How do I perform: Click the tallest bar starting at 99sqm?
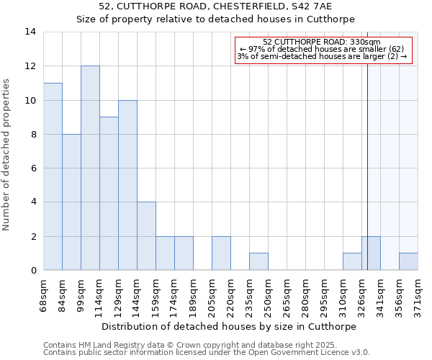coord(90,168)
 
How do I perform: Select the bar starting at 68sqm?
coord(53,177)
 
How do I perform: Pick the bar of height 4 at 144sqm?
coord(146,236)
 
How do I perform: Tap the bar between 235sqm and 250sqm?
coord(258,262)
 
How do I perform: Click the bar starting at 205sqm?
coord(221,253)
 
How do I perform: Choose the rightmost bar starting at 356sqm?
coord(408,262)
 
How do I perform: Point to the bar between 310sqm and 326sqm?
coord(352,262)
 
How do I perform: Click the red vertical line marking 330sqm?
coord(367,144)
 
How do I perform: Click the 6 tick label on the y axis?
coord(33,168)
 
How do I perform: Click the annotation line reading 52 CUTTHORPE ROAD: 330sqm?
coord(323,42)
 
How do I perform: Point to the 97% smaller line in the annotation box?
coord(323,49)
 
